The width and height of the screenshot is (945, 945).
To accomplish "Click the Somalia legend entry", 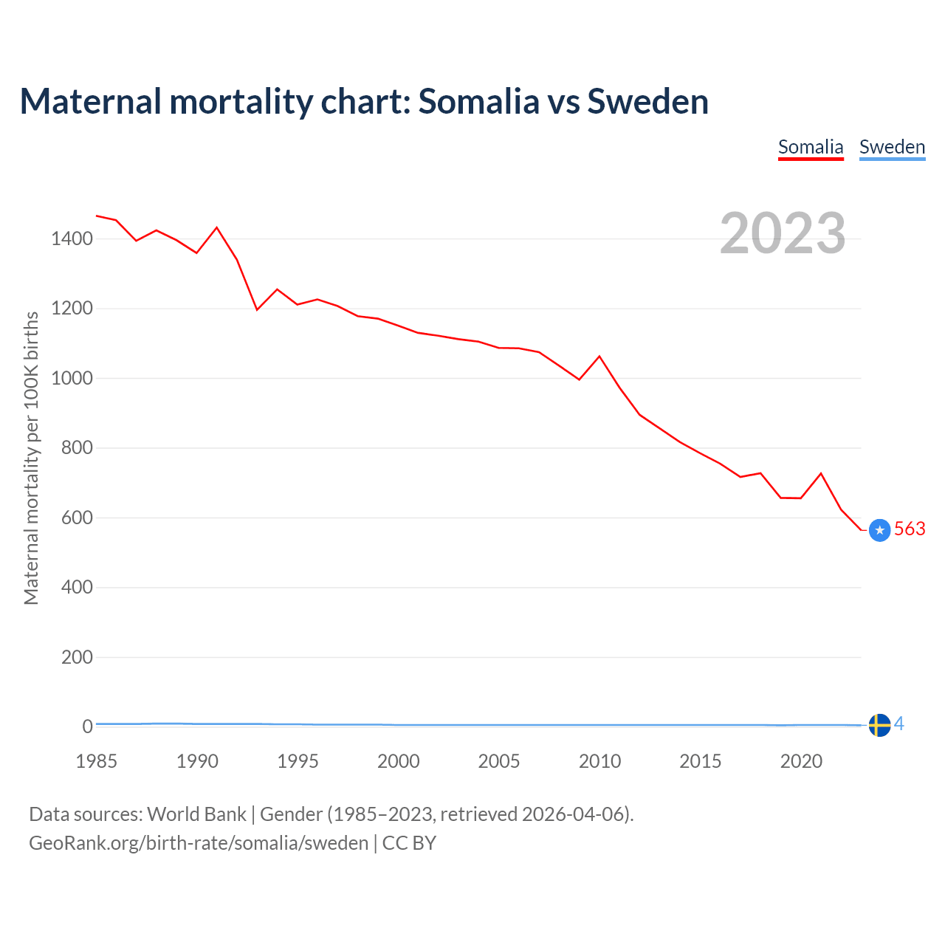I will click(811, 147).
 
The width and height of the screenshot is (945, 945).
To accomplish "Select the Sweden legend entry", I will click(892, 147).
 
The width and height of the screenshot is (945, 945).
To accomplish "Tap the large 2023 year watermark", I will click(783, 233).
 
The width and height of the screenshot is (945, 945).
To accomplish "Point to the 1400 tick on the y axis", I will click(72, 238).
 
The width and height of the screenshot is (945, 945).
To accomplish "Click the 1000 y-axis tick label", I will click(72, 378).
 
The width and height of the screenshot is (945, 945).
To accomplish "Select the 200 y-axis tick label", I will click(77, 657).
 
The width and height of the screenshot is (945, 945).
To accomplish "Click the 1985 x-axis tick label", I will click(97, 761).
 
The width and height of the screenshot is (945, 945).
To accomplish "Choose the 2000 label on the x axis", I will click(399, 761).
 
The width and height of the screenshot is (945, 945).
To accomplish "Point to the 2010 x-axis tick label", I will click(599, 761).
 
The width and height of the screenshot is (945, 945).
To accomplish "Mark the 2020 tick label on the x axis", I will click(801, 761).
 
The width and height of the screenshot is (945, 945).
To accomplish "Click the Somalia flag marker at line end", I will click(879, 530).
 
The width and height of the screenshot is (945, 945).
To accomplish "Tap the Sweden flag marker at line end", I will click(879, 726).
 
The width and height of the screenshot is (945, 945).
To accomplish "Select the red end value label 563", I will click(910, 529).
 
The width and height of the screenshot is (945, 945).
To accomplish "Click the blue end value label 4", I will click(899, 724).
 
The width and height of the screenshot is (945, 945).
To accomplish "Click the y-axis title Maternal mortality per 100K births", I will click(31, 458).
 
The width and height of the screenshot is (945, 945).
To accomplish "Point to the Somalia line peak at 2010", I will click(599, 357).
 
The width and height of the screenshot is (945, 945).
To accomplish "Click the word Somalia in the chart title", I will click(478, 101).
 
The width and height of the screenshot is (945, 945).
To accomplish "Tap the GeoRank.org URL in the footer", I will click(199, 843).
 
